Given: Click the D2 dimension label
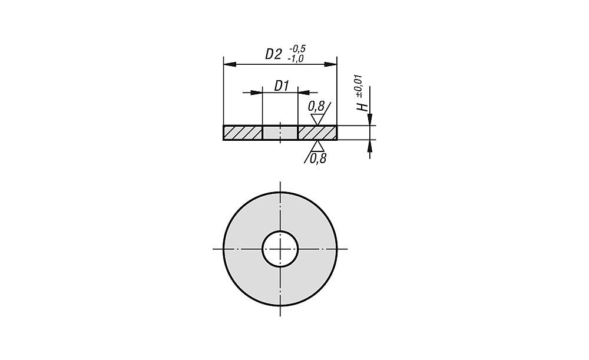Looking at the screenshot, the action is [x=273, y=54].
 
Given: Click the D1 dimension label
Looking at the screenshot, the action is [x=281, y=86].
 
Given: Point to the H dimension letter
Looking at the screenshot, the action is [x=362, y=107].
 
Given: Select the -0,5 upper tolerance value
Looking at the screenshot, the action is [x=297, y=48].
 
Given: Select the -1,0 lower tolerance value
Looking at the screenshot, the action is [x=295, y=58].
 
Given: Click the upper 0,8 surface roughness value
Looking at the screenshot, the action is [x=316, y=107].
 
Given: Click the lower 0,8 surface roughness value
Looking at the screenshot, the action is [x=318, y=159].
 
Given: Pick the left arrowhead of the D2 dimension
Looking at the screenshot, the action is [x=230, y=65].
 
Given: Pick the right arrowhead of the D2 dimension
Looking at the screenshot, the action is [x=330, y=65].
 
